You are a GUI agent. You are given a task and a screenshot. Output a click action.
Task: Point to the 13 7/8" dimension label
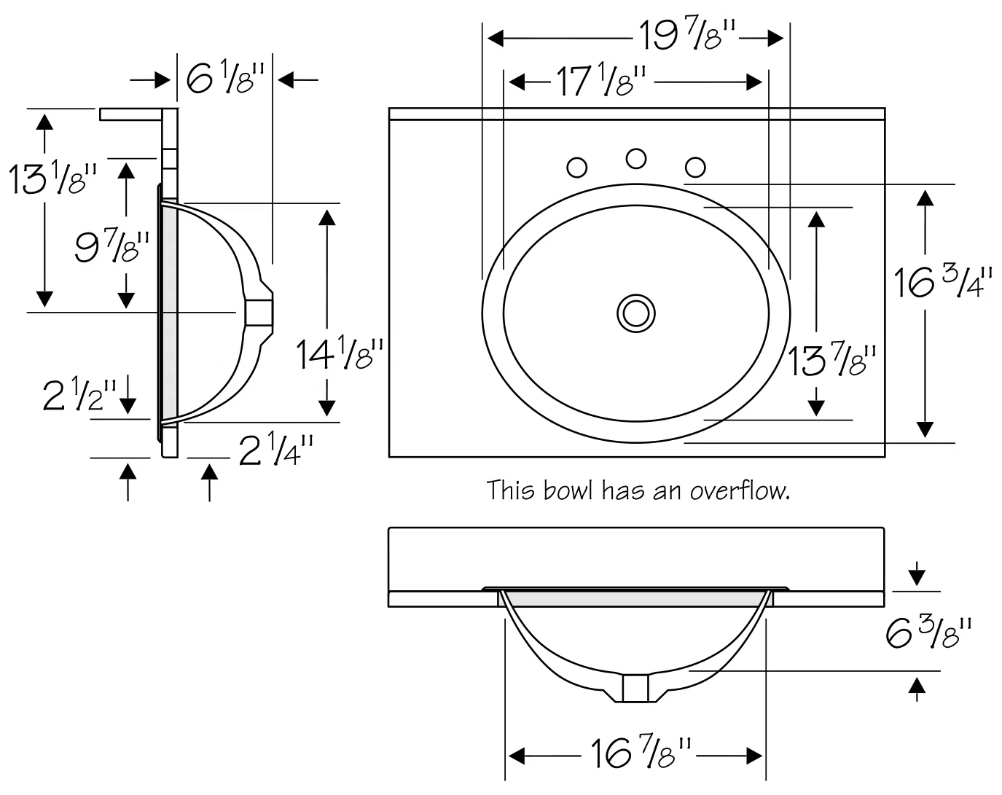[831, 360]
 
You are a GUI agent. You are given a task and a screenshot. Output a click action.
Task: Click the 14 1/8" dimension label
[337, 355]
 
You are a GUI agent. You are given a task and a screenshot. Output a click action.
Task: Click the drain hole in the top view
[635, 313]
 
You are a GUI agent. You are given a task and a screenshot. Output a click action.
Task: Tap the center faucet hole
[636, 158]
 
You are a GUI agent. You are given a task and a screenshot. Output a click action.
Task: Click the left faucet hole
[576, 168]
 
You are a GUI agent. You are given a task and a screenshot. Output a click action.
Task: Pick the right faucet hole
[696, 168]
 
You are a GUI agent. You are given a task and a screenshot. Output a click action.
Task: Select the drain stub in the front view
[635, 688]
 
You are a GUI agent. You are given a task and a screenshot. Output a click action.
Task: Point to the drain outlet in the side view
[259, 312]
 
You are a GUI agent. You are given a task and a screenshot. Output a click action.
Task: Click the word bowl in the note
[569, 490]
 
